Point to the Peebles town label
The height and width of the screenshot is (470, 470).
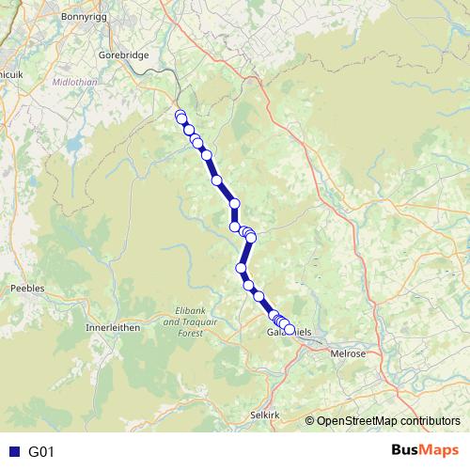26,289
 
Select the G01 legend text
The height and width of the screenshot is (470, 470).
42,451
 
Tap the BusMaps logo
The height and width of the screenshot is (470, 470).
425,450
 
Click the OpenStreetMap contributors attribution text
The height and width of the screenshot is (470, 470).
388,421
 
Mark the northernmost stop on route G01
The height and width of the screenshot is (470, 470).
180,116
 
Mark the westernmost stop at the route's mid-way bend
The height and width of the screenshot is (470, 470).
235,227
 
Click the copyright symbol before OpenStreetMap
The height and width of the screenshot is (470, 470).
309,421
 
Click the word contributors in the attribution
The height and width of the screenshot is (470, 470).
429,421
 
